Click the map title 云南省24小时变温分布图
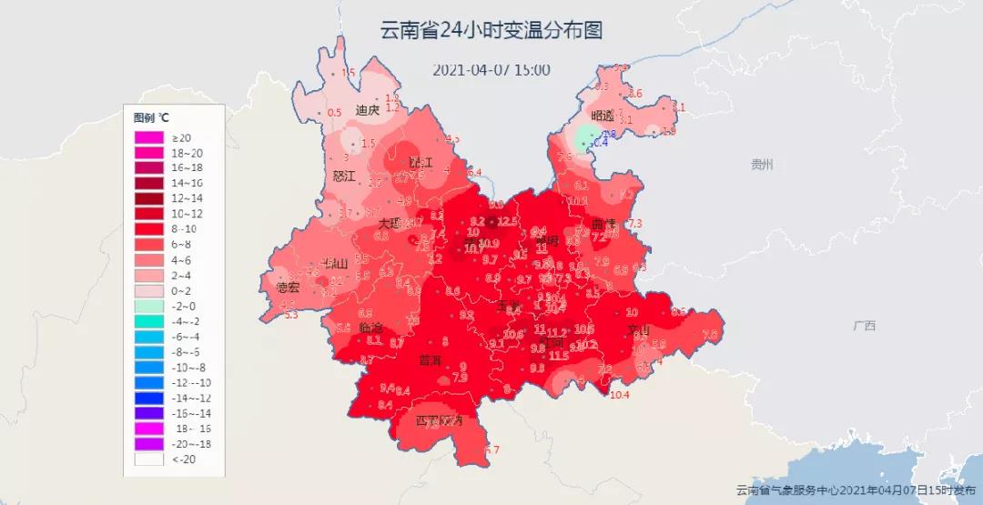(491, 30)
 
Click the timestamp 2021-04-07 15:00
(491, 70)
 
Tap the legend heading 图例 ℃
(151, 117)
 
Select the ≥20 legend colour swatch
(148, 137)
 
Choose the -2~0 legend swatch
(148, 306)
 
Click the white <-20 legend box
(148, 460)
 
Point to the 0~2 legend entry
(148, 290)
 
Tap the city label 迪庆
(367, 111)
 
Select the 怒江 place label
(344, 176)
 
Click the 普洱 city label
(430, 360)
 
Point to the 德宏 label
(288, 288)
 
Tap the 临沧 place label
(370, 327)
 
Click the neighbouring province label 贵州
(761, 165)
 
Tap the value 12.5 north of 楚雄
(507, 221)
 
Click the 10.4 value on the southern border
(620, 395)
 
